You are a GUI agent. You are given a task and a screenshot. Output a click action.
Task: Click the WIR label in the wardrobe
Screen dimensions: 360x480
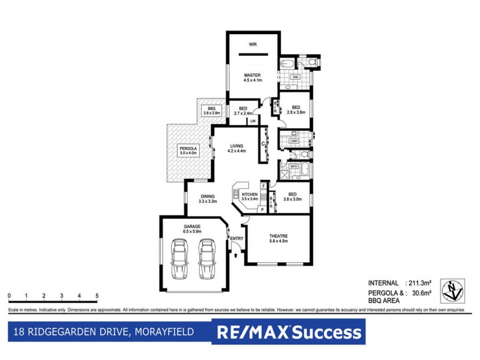click(x=253, y=44)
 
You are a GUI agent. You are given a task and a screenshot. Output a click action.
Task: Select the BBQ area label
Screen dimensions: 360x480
click(x=212, y=108)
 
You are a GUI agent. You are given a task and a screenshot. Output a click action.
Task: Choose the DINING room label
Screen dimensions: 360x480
click(x=208, y=196)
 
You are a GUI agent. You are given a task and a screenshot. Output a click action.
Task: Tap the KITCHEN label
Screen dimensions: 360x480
click(x=249, y=194)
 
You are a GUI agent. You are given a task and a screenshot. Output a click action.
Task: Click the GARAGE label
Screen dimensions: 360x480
click(x=192, y=226)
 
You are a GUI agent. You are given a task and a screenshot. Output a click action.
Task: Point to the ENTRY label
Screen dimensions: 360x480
click(x=237, y=238)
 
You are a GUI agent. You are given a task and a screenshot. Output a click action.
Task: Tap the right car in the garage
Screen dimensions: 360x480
click(x=207, y=260)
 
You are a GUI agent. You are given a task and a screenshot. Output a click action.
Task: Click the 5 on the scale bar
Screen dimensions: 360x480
click(x=97, y=296)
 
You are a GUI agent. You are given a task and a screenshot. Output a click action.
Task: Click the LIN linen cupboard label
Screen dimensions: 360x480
click(x=253, y=121)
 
